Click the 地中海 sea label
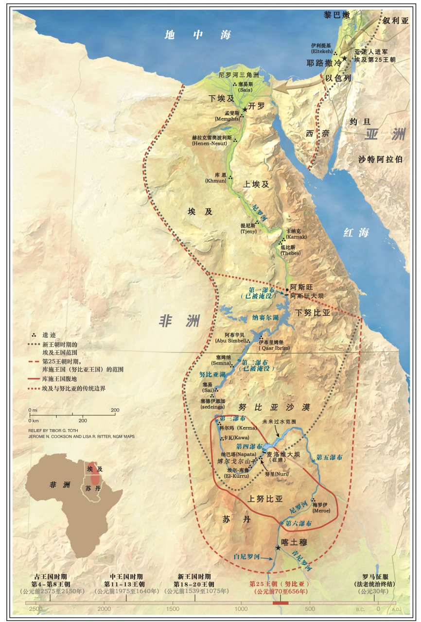(x=197, y=35)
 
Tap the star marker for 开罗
(x=245, y=109)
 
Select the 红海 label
(x=356, y=233)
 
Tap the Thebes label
(x=291, y=253)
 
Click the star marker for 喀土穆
(x=278, y=548)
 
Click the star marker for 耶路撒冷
(x=345, y=59)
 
